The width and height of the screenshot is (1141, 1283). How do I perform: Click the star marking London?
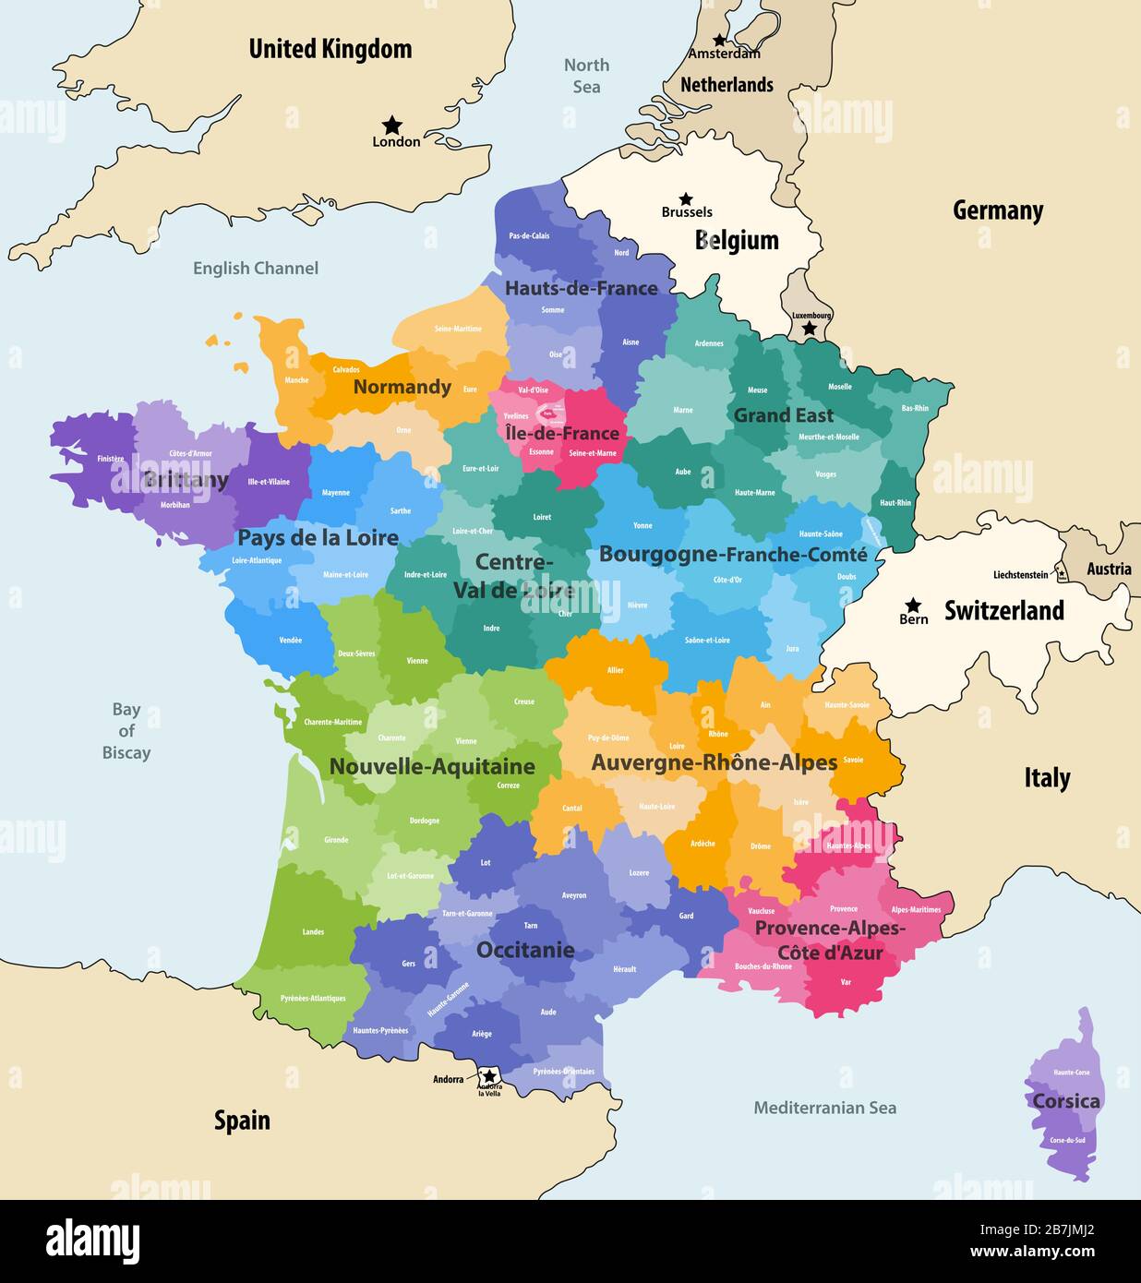(392, 125)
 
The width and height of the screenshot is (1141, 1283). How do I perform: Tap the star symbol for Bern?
(913, 605)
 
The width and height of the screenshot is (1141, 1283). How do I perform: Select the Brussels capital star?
(686, 198)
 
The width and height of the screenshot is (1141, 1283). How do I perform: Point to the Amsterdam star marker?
(720, 41)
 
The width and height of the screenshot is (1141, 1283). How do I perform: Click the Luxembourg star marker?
(810, 329)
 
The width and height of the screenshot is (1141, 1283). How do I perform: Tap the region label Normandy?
(402, 387)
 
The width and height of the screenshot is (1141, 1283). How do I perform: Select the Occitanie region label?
(525, 950)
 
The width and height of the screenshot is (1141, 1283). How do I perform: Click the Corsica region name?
(1066, 1101)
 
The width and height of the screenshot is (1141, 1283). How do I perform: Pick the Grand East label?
(783, 415)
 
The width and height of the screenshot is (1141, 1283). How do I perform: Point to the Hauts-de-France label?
(581, 288)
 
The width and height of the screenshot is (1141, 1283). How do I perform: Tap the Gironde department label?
(336, 840)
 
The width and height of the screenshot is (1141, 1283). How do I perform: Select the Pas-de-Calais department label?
(529, 235)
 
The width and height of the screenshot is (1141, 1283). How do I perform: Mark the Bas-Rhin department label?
(915, 408)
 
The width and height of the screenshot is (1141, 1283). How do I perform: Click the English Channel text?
(256, 269)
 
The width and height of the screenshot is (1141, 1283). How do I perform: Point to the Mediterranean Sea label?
(824, 1108)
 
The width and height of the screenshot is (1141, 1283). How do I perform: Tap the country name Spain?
(242, 1121)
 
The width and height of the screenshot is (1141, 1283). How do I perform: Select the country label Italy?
(1047, 778)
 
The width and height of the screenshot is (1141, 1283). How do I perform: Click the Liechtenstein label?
(1020, 575)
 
